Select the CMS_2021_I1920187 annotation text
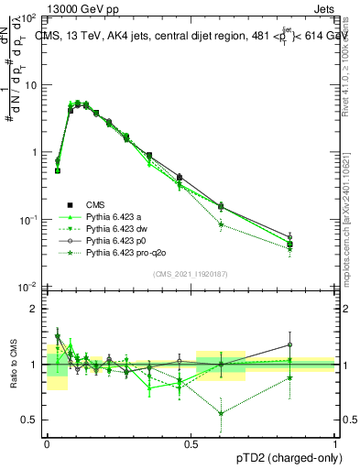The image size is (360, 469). tap(191, 274)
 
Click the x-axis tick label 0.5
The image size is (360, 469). tap(191, 442)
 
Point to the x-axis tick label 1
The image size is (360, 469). tap(335, 442)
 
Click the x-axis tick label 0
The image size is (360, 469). tap(48, 442)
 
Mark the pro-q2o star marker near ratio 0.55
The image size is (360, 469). tap(221, 413)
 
